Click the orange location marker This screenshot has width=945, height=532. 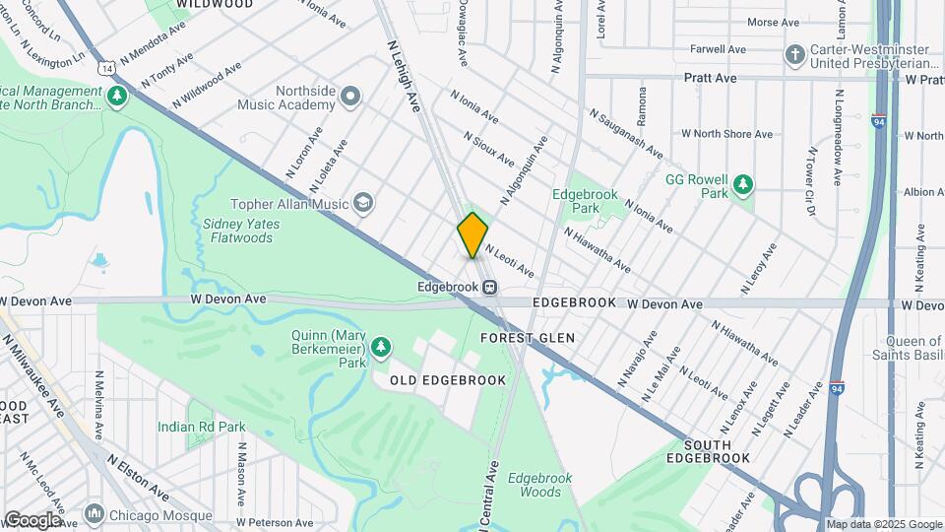[472, 234]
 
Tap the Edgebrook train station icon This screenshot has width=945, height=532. [488, 287]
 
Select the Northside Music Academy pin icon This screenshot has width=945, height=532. [350, 96]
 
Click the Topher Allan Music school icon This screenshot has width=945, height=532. [364, 203]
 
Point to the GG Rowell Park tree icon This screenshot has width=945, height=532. [743, 184]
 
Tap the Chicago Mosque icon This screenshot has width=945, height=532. [94, 513]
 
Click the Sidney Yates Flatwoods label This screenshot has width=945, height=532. [241, 231]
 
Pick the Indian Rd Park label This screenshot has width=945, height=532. [202, 427]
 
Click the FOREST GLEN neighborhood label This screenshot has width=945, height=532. [527, 338]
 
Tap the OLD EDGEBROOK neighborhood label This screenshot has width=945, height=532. [448, 380]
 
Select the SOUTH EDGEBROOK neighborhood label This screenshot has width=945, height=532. [707, 451]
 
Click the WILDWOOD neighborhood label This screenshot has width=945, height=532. [214, 5]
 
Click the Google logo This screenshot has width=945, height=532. [31, 520]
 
